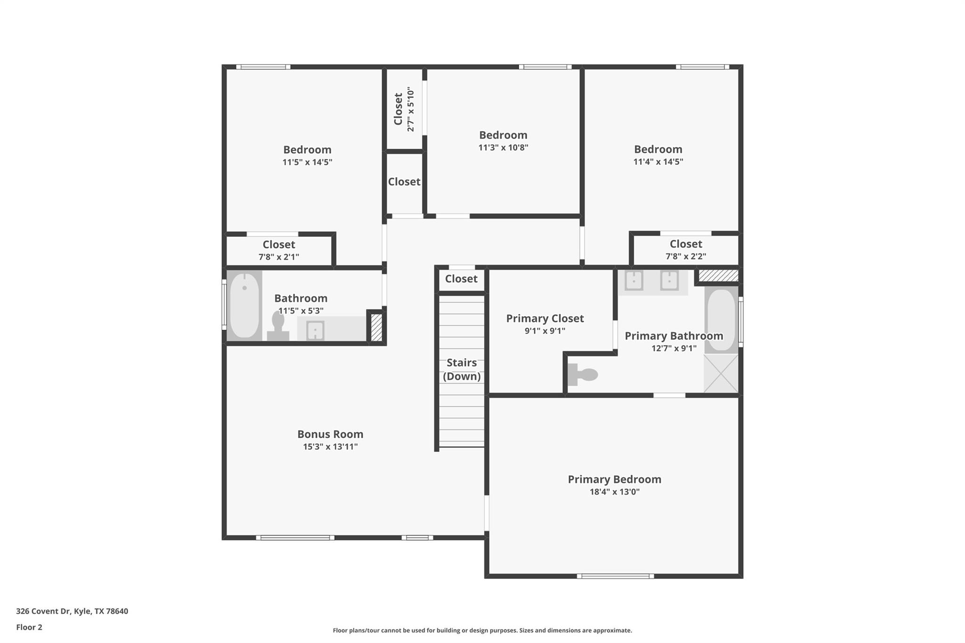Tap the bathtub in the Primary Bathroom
(x=721, y=320)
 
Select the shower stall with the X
(x=721, y=374)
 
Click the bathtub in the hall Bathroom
(x=244, y=305)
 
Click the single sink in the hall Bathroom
(x=315, y=330)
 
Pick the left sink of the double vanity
(x=634, y=281)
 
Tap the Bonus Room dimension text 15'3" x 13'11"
(x=330, y=447)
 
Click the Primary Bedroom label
(x=614, y=480)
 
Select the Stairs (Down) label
(x=462, y=369)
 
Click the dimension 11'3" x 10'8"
(x=503, y=147)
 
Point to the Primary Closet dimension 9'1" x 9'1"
(x=545, y=331)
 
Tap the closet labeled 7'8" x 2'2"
(x=686, y=250)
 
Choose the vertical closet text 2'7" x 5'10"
(x=410, y=109)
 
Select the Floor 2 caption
(x=29, y=627)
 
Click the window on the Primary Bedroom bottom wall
(x=615, y=576)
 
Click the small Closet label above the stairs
(x=461, y=279)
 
